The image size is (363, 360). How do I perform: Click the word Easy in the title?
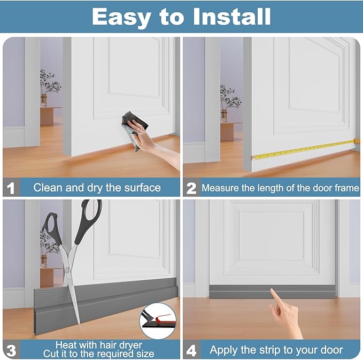[120, 17]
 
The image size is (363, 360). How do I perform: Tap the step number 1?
[11, 188]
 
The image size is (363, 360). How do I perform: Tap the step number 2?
[191, 188]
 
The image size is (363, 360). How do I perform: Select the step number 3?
[11, 350]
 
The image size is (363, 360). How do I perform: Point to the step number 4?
[191, 350]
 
